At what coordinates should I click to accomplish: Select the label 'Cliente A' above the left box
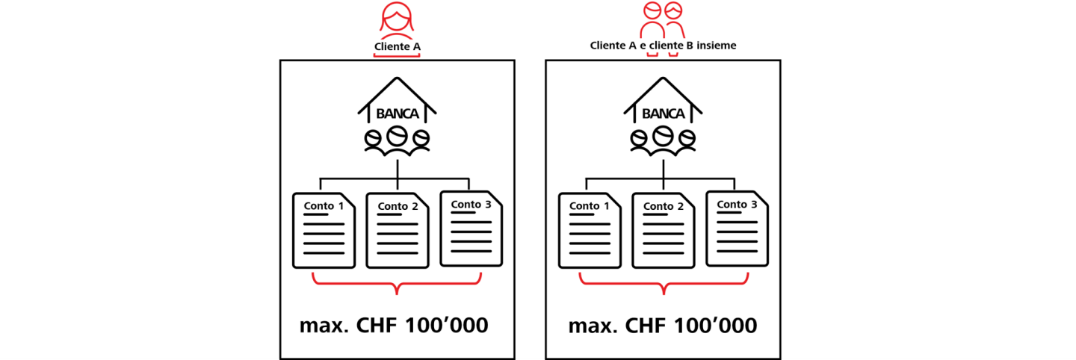tap(397, 47)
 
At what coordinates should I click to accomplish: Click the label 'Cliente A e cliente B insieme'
tap(663, 46)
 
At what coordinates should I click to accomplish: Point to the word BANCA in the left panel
tap(397, 114)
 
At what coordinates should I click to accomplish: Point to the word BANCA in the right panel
tap(663, 114)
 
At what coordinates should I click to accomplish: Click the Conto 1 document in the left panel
tap(324, 231)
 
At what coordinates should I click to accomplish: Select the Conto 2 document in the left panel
tap(397, 231)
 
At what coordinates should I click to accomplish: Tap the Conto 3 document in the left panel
tap(471, 229)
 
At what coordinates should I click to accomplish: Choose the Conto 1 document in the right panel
tap(590, 231)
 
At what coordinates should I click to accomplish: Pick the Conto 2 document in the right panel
tap(663, 231)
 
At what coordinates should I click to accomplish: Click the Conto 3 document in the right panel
tap(737, 229)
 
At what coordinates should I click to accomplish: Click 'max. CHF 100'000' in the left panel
tap(395, 326)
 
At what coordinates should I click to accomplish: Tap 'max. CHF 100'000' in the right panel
tap(663, 326)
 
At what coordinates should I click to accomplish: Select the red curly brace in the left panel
tap(397, 284)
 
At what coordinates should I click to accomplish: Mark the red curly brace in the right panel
tap(663, 284)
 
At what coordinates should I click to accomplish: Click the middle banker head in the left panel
tap(397, 136)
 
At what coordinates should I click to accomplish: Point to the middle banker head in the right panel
tap(663, 136)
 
